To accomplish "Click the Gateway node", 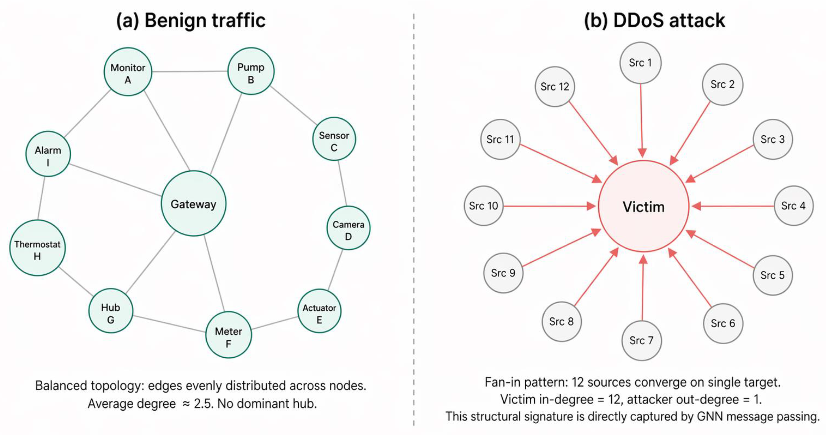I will click(193, 204).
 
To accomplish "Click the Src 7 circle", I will click(641, 340).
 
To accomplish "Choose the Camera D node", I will click(348, 228).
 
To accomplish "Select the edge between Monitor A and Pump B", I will click(189, 71).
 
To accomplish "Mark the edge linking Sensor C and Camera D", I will click(342, 183).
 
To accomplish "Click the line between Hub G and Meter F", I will click(169, 324).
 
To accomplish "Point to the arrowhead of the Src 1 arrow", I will click(642, 153).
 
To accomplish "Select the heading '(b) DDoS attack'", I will click(654, 21).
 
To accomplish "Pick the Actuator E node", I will click(319, 311).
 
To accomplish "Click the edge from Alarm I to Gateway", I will click(115, 180).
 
